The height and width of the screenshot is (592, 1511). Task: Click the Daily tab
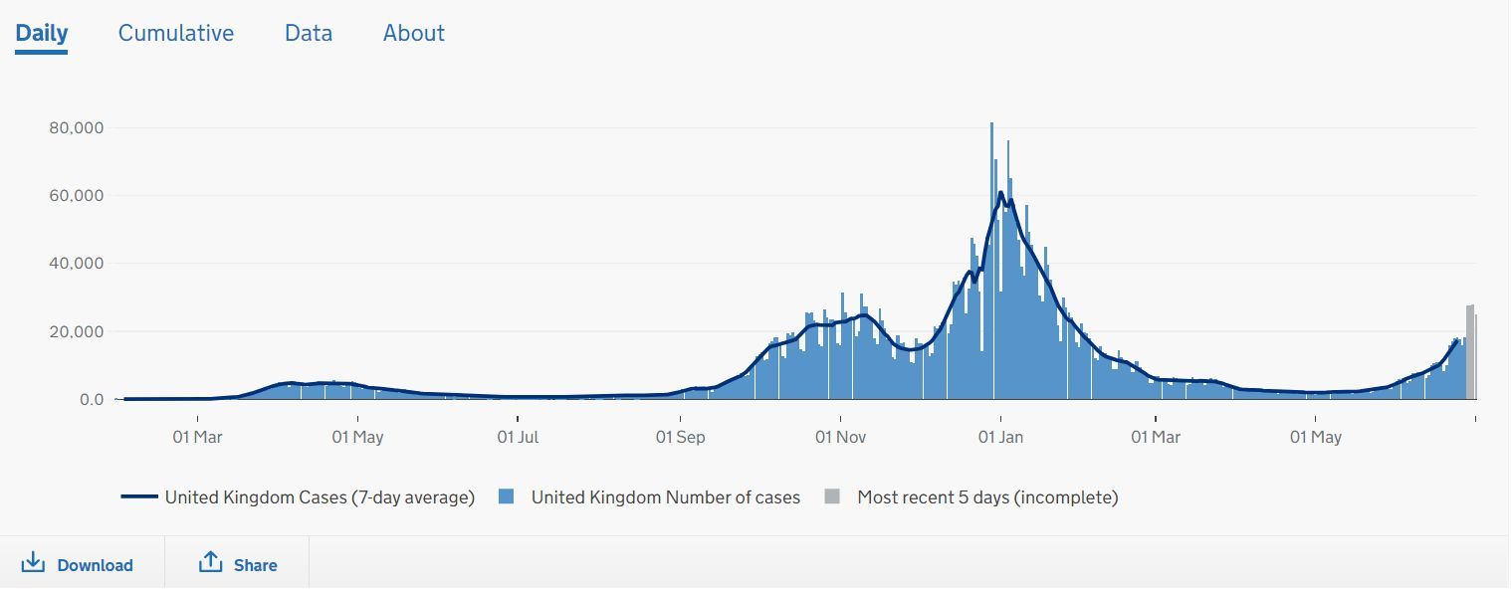[x=42, y=33]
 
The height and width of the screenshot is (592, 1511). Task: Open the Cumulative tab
[x=176, y=33]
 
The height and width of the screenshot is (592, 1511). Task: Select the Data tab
[x=309, y=33]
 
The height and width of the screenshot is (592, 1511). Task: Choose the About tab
[x=414, y=33]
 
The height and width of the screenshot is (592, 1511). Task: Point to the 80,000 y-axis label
[x=77, y=128]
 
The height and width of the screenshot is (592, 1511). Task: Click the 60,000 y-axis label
[x=77, y=196]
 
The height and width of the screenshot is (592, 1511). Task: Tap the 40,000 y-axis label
[x=77, y=264]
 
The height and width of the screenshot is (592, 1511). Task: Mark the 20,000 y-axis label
[x=77, y=331]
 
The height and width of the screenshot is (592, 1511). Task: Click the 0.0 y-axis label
[x=91, y=399]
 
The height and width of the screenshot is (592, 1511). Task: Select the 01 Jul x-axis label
[x=519, y=437]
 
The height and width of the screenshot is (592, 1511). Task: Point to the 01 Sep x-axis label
[x=680, y=437]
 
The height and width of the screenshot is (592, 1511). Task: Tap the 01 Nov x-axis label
[x=840, y=437]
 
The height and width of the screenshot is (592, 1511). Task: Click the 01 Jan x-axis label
[x=1000, y=437]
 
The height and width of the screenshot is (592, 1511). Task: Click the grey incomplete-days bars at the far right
[x=1471, y=353]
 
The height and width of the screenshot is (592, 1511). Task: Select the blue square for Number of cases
[x=507, y=496]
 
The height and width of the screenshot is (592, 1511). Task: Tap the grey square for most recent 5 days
[x=832, y=496]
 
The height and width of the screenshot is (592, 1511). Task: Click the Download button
[x=78, y=564]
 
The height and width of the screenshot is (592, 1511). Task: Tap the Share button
[x=238, y=564]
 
